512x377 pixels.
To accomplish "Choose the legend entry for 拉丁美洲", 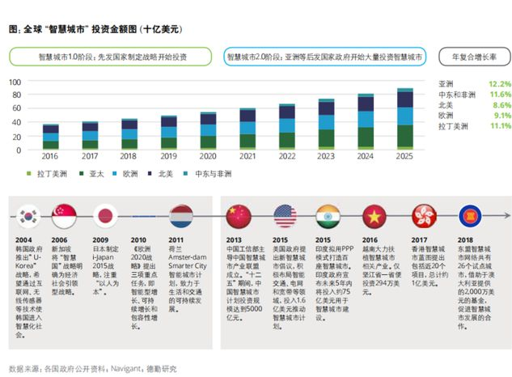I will tap(45, 174).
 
